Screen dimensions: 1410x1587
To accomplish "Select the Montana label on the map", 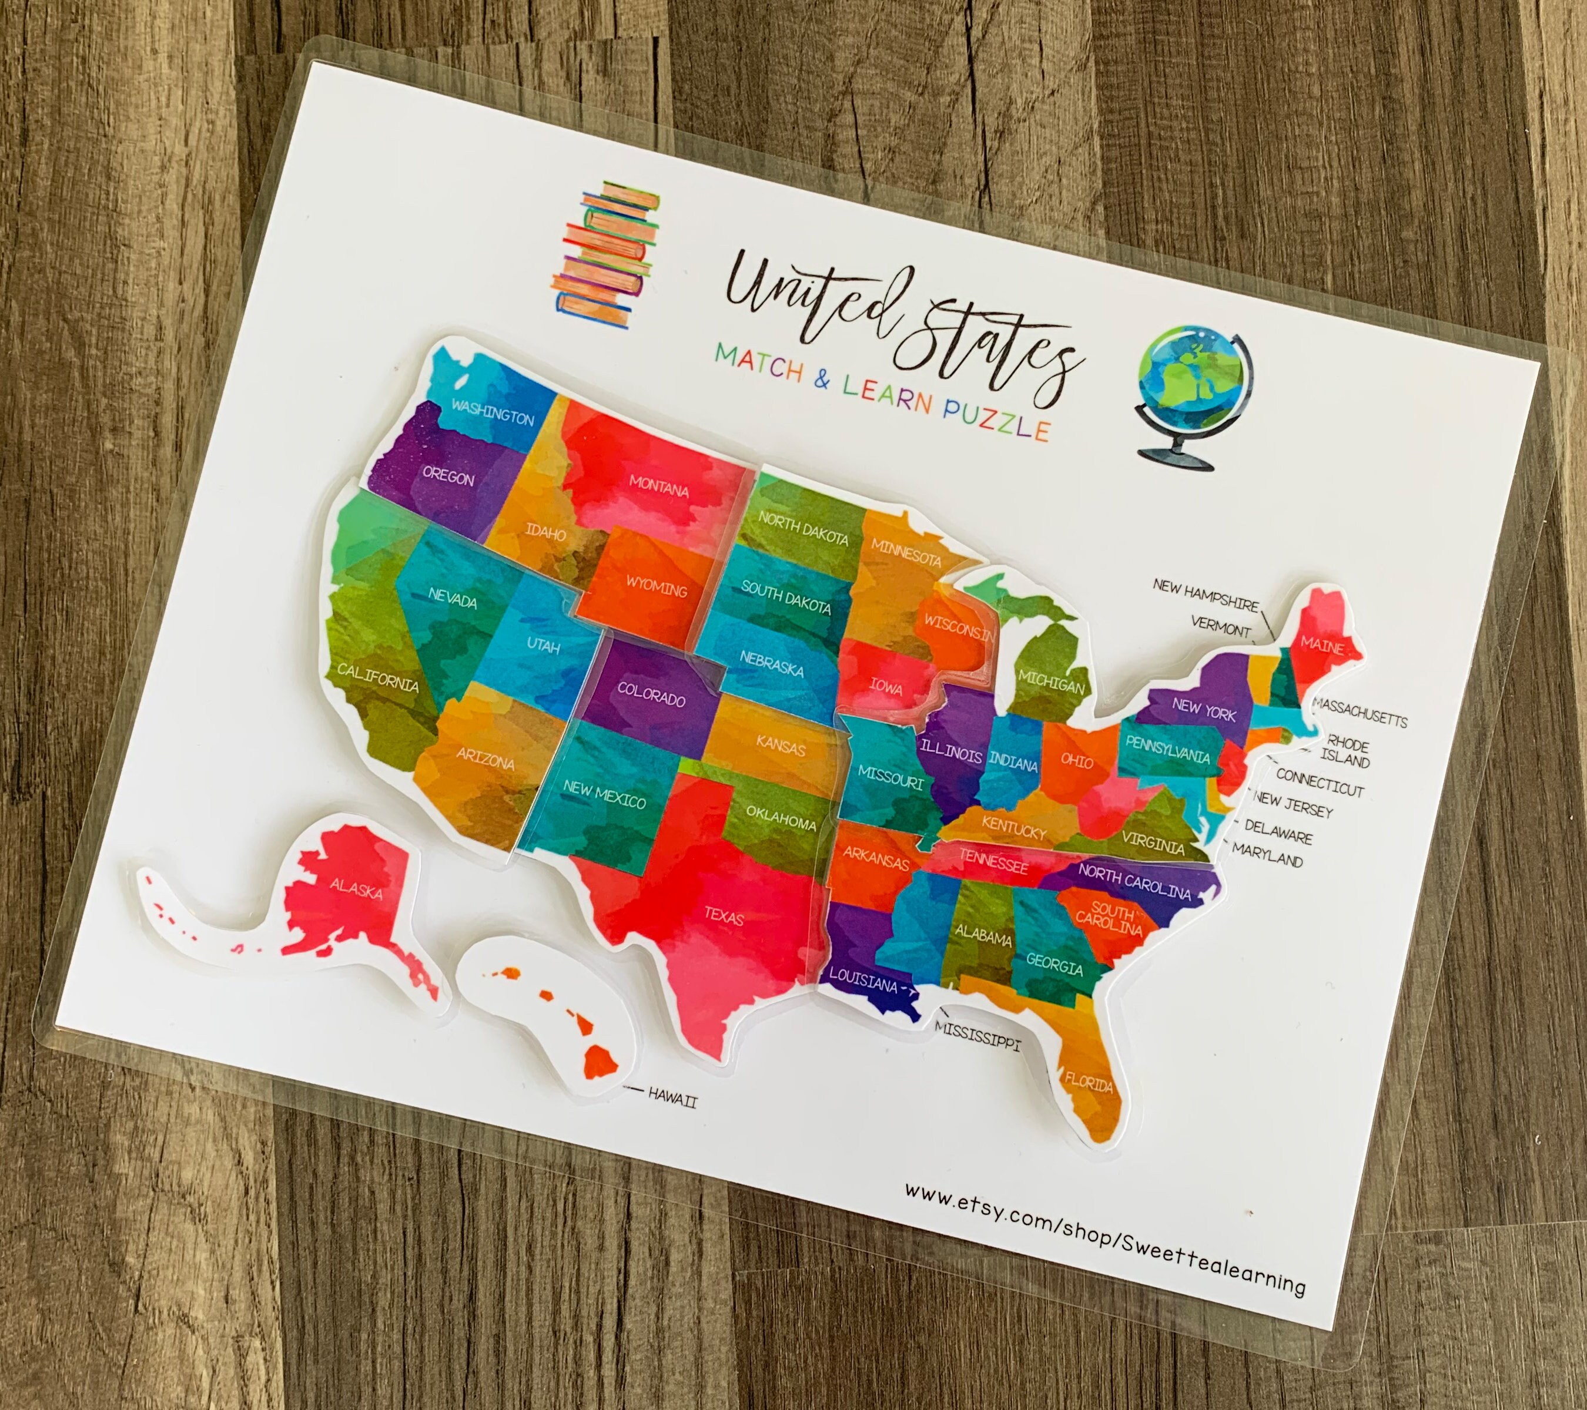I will pyautogui.click(x=658, y=486).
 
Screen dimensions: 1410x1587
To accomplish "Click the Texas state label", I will pyautogui.click(x=724, y=916).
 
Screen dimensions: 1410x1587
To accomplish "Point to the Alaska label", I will pyautogui.click(x=356, y=888).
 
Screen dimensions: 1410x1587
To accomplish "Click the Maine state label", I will pyautogui.click(x=1321, y=645).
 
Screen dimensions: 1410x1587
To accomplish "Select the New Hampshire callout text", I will pyautogui.click(x=1205, y=595).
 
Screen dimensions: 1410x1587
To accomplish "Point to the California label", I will pyautogui.click(x=377, y=677).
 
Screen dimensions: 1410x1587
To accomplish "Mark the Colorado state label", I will pyautogui.click(x=651, y=694).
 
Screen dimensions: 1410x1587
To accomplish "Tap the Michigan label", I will pyautogui.click(x=1052, y=681).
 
